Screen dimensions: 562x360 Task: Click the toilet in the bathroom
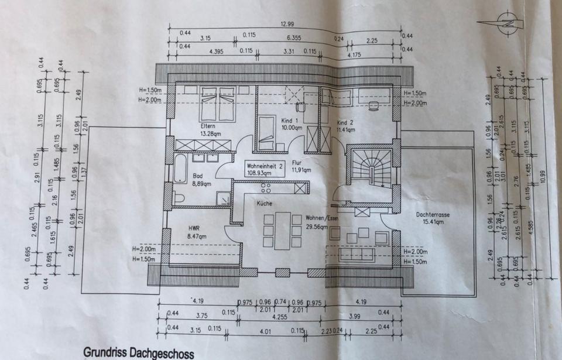coord(178,198)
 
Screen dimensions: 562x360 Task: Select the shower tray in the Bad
coord(224,199)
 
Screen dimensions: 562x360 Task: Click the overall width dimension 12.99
coord(286,23)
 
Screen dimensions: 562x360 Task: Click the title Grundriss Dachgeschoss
coord(138,353)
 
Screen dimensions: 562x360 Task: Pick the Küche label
coord(263,203)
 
